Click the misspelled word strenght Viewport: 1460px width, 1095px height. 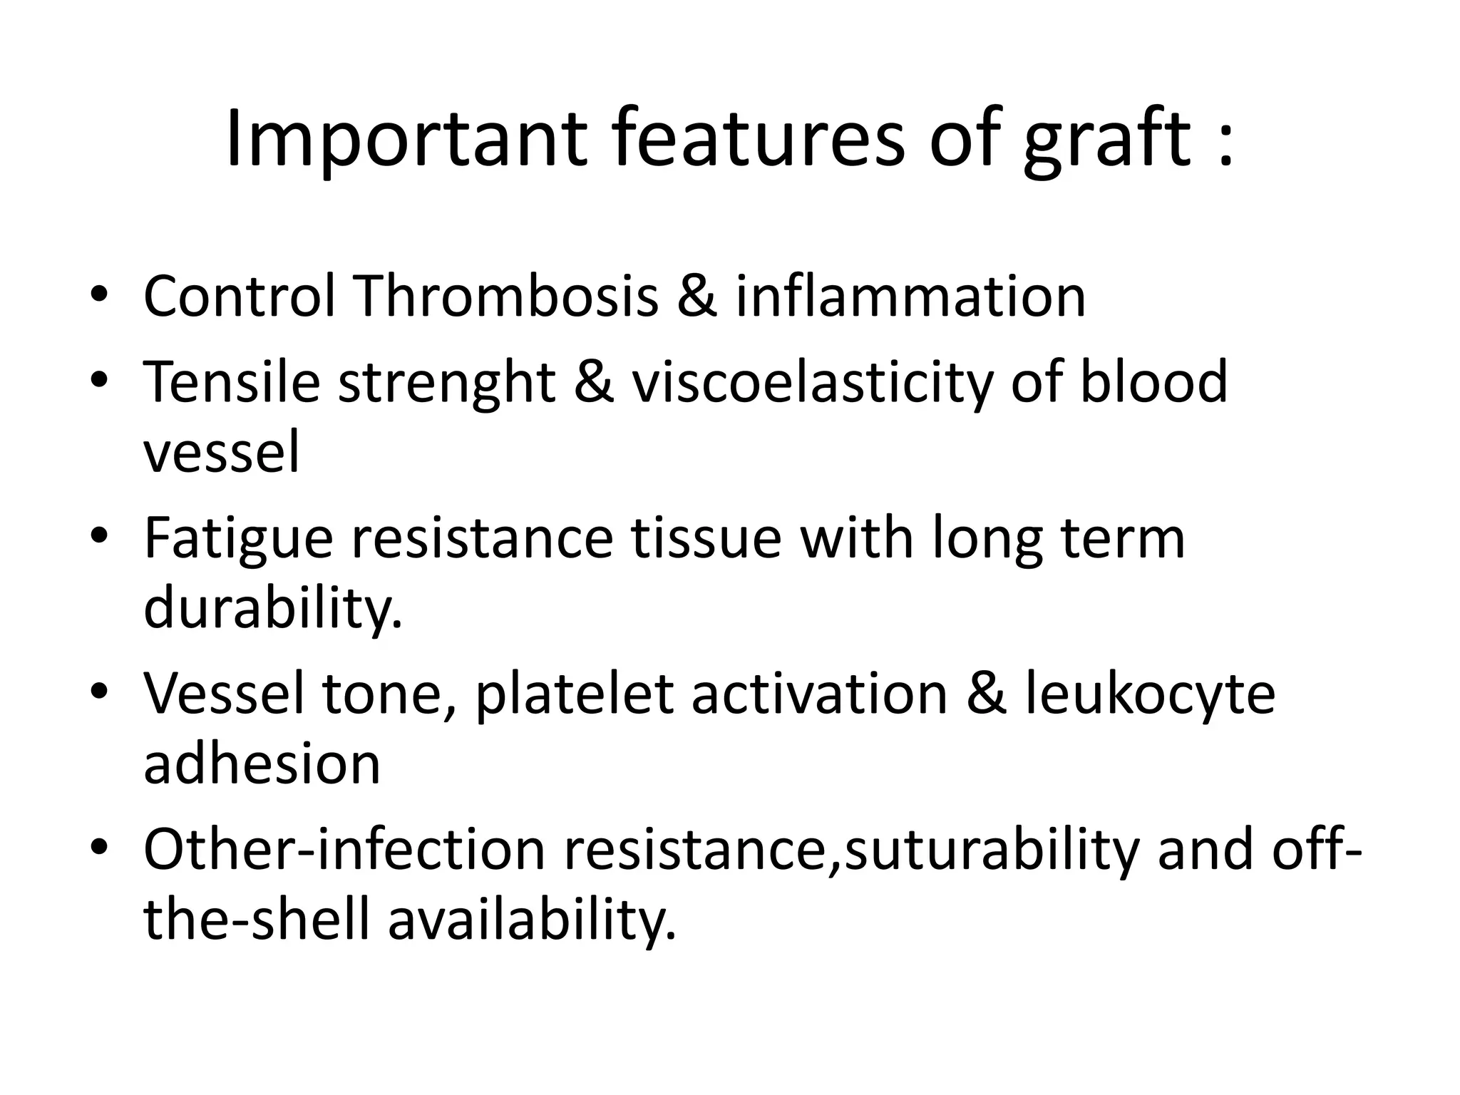coord(446,383)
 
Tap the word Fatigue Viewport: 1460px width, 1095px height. coord(238,540)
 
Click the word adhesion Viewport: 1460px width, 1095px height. coord(262,764)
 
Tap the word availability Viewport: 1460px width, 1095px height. coord(531,920)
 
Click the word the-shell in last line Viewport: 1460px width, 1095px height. coord(257,920)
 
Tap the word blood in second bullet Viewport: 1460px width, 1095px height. coord(1153,383)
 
